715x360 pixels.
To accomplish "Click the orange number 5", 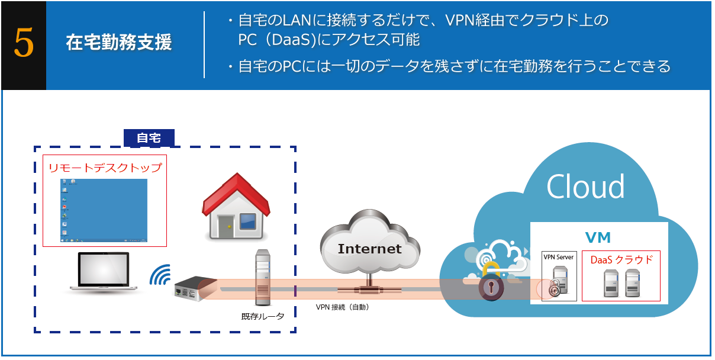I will click(23, 45).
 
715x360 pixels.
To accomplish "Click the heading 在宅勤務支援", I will click(118, 43).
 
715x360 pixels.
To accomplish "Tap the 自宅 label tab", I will click(149, 138).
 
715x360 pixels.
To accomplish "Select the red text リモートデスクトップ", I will click(105, 168).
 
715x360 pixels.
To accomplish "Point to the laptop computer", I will click(104, 272).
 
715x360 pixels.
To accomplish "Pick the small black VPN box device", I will click(190, 288).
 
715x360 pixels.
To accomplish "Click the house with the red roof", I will click(236, 207).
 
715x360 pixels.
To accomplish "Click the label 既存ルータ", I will click(263, 316).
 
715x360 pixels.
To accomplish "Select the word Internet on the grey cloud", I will click(369, 249).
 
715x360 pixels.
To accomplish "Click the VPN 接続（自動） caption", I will click(343, 307).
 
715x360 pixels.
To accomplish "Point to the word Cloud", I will click(585, 187).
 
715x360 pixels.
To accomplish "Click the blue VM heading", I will click(598, 237).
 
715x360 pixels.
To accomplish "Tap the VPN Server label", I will click(559, 257).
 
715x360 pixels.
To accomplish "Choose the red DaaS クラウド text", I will click(621, 259).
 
